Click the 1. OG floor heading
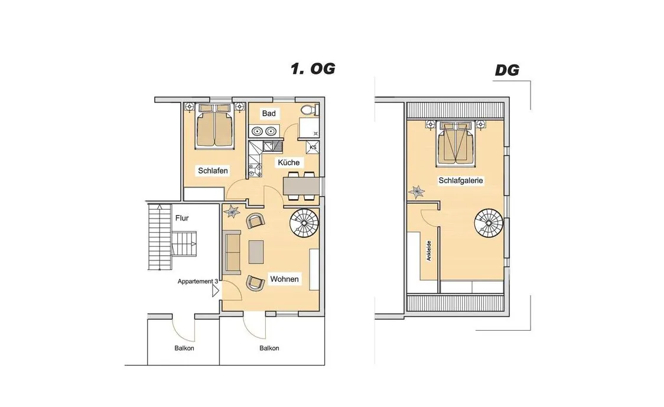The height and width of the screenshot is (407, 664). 313,69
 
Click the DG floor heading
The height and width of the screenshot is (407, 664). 507,70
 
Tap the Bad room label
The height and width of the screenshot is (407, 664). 269,113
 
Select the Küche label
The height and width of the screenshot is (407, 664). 289,162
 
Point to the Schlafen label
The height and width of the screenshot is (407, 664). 213,171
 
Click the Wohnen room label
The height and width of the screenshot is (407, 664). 285,279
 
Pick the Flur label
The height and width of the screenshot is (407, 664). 182,218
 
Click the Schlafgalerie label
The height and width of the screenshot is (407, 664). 461,180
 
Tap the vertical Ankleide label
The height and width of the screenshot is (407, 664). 429,250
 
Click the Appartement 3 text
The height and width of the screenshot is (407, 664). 198,281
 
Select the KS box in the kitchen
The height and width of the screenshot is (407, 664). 313,148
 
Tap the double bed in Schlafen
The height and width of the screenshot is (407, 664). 215,126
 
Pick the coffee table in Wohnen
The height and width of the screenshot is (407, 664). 256,252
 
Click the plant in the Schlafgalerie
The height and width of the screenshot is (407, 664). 416,192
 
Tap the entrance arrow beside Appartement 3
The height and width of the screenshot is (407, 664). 216,291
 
